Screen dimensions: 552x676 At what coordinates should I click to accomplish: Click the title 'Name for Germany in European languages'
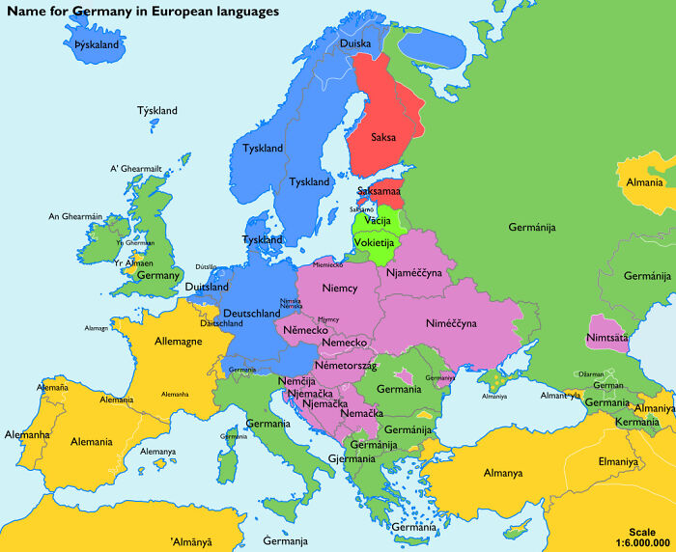[x=144, y=12]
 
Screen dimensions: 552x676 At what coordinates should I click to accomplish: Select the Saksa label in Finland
[x=381, y=137]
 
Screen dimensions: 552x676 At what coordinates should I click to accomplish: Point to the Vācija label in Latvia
[x=378, y=222]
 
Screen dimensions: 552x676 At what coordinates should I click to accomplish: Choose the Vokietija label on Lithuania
[x=374, y=243]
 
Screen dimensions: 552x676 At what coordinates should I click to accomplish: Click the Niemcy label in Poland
[x=339, y=289]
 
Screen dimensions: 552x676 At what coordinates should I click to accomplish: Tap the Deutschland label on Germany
[x=252, y=314]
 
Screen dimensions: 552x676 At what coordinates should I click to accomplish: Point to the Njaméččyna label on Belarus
[x=413, y=273]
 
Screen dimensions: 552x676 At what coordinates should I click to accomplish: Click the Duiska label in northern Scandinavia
[x=355, y=43]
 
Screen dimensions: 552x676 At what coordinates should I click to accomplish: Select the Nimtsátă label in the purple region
[x=606, y=338]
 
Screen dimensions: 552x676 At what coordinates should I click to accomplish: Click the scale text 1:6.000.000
[x=641, y=544]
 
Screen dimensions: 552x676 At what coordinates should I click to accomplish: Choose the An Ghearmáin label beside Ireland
[x=76, y=216]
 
